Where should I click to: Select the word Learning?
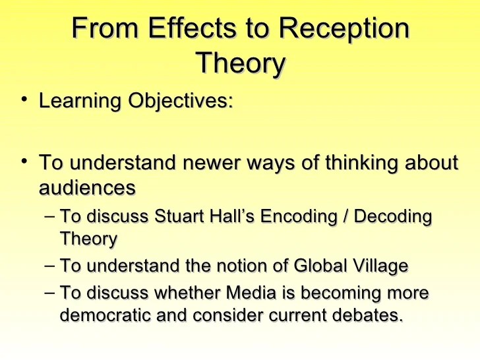(79, 102)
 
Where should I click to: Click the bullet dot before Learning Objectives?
(24, 101)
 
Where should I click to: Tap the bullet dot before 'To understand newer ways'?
(24, 161)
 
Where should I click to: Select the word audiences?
(87, 188)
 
